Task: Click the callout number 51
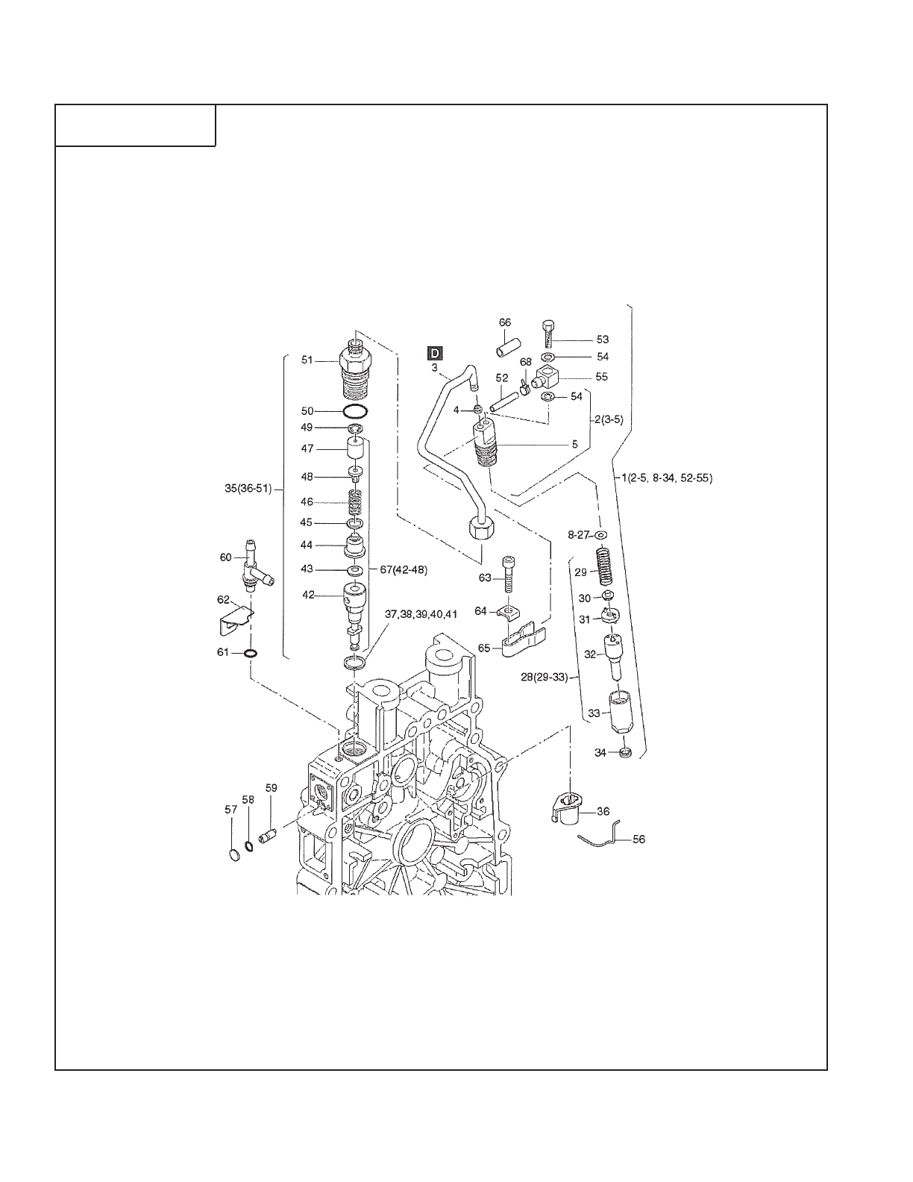pyautogui.click(x=307, y=360)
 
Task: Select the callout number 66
pyautogui.click(x=505, y=322)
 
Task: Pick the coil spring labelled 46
pyautogui.click(x=356, y=501)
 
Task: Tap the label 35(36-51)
pyautogui.click(x=247, y=490)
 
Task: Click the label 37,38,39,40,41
pyautogui.click(x=420, y=613)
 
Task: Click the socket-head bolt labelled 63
pyautogui.click(x=508, y=576)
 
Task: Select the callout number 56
pyautogui.click(x=639, y=839)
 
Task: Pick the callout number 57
pyautogui.click(x=231, y=810)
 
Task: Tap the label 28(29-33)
pyautogui.click(x=544, y=677)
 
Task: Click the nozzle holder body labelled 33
pyautogui.click(x=620, y=713)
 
